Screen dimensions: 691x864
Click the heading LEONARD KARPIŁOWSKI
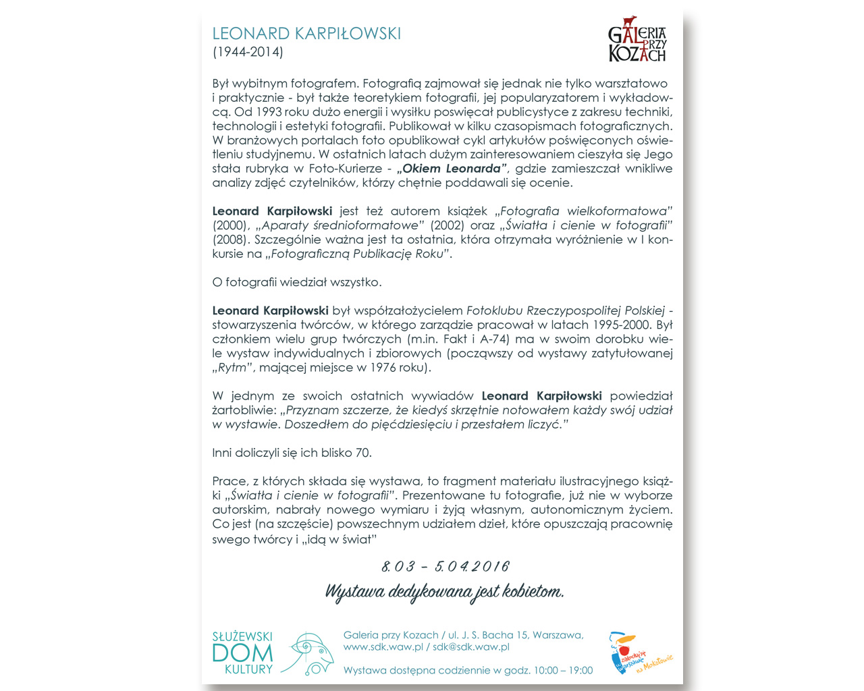tap(306, 33)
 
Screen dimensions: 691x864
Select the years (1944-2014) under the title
tap(248, 52)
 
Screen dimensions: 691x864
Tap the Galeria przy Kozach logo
tap(637, 40)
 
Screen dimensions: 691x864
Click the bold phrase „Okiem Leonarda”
tap(452, 169)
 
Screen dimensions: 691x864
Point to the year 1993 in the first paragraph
tap(269, 112)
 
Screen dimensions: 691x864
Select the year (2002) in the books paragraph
tap(447, 225)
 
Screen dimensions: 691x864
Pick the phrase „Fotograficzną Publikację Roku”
tap(358, 254)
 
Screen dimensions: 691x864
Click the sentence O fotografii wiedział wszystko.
tap(297, 282)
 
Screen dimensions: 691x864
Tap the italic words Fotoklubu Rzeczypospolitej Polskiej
tap(566, 310)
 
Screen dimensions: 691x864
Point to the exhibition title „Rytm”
tap(232, 368)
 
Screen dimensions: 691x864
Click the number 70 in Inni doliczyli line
tap(363, 453)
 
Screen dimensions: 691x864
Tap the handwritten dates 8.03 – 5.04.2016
tap(445, 566)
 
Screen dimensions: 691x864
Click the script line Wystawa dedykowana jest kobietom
tap(444, 592)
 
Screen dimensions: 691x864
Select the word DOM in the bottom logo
tap(242, 653)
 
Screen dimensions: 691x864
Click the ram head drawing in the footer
tap(309, 653)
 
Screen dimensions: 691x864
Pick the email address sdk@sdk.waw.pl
tap(470, 646)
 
